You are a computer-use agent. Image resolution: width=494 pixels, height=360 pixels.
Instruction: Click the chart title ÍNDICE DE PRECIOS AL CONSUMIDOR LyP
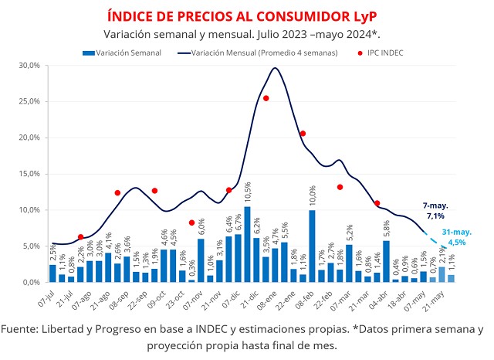(x=246, y=16)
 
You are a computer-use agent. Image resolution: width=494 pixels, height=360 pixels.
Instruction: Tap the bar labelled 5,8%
(x=386, y=261)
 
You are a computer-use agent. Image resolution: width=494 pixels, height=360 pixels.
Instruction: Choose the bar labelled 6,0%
(x=201, y=260)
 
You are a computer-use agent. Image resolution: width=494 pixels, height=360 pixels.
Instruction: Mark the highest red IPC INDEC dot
(x=266, y=98)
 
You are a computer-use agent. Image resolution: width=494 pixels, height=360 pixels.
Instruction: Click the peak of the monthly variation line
(x=275, y=68)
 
